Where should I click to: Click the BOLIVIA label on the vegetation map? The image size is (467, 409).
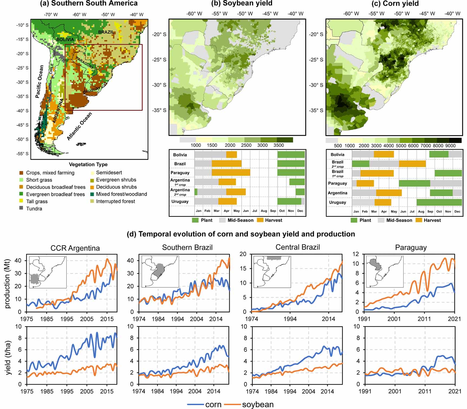(x=65, y=40)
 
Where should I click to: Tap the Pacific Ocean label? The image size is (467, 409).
(x=39, y=81)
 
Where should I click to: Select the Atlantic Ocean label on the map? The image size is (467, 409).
(x=79, y=126)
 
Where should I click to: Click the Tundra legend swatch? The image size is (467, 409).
(x=21, y=209)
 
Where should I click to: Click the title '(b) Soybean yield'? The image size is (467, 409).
(x=242, y=4)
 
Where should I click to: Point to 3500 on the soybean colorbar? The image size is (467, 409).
(x=278, y=145)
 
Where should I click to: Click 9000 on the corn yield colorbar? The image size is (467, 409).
(x=450, y=146)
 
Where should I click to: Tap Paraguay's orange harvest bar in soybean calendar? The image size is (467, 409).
(x=231, y=173)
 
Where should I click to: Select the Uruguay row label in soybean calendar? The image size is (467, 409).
(x=180, y=202)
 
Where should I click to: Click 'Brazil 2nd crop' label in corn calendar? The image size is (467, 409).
(x=337, y=164)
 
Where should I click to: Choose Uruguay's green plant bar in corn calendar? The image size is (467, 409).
(x=439, y=202)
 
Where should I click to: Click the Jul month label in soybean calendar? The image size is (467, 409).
(x=254, y=211)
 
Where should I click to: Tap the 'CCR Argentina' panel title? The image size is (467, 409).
(x=75, y=248)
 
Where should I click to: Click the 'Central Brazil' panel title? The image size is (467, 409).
(x=298, y=247)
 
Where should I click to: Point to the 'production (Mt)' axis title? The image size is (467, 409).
(x=7, y=284)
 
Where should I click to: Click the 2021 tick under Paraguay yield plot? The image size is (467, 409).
(x=455, y=391)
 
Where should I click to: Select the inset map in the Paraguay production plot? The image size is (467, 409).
(x=385, y=271)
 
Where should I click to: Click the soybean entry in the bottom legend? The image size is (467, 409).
(x=257, y=404)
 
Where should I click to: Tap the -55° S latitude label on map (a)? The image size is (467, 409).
(x=23, y=154)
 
